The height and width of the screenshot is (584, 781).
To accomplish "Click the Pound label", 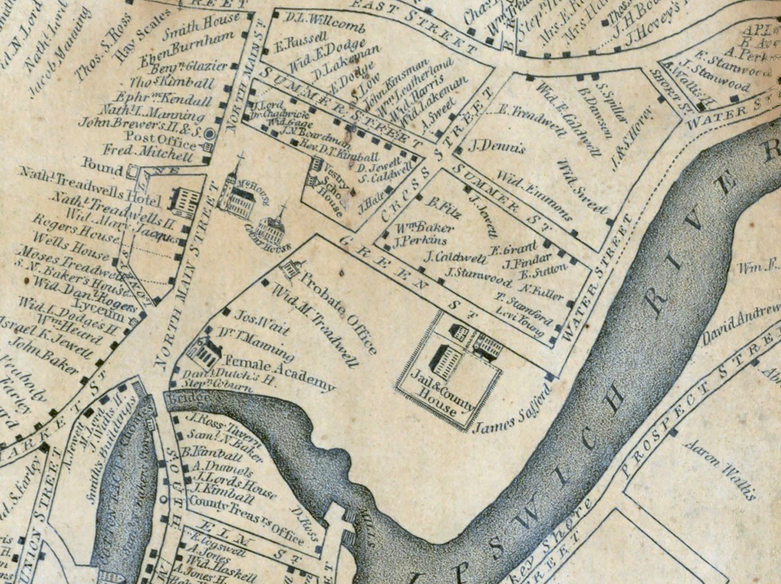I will pos(103,165).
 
